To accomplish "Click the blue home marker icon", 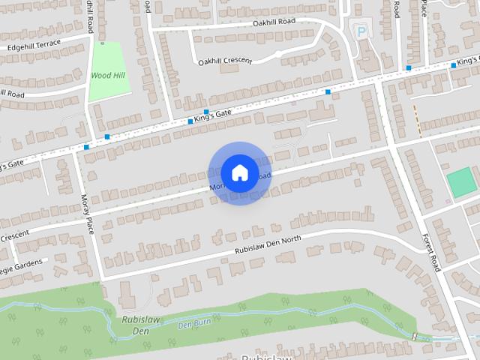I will tap(239, 172).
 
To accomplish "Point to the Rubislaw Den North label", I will tap(268, 245).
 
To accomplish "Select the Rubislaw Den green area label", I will tap(134, 324).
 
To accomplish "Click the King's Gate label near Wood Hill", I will tap(212, 114).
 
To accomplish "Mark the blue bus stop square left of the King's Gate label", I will tap(190, 121).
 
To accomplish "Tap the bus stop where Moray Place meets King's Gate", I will tap(88, 147).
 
